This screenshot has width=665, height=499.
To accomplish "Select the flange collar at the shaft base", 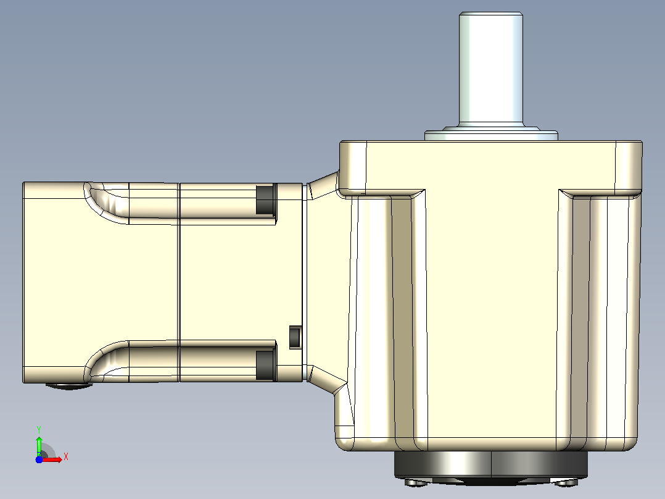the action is pos(491,133).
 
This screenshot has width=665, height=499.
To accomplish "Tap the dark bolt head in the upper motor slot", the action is pos(266,199).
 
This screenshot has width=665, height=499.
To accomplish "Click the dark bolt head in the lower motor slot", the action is pos(266,364).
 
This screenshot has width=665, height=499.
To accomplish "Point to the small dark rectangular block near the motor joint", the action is pos(295,337).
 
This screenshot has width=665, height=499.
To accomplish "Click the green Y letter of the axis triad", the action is pos(39,430).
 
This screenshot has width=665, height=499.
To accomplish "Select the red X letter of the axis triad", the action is pos(66,457).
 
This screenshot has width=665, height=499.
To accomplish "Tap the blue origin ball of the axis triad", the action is pos(39,459).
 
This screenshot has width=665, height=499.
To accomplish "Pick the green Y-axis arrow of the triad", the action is pos(39,446).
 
